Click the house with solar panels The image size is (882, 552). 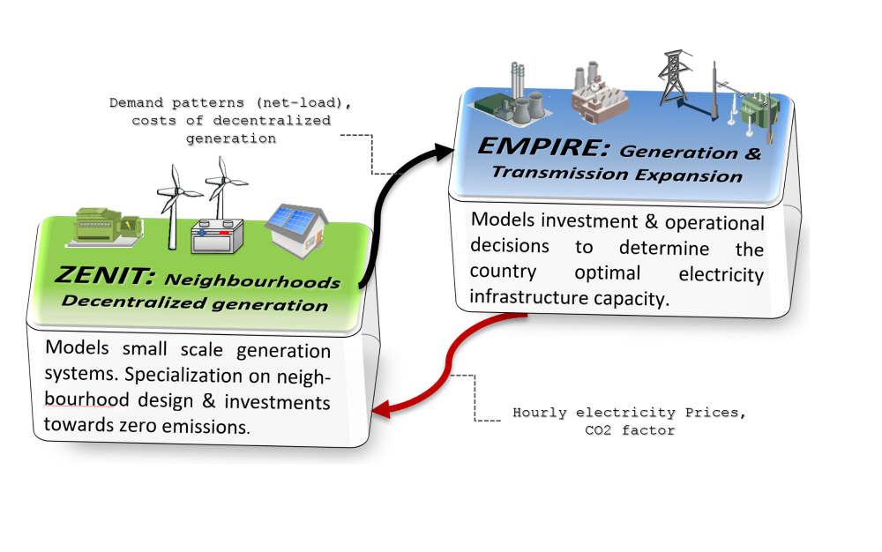[300, 230]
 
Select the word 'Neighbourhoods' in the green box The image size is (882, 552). [254, 283]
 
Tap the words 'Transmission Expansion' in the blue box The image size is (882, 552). [617, 174]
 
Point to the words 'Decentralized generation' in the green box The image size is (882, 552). [194, 305]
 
